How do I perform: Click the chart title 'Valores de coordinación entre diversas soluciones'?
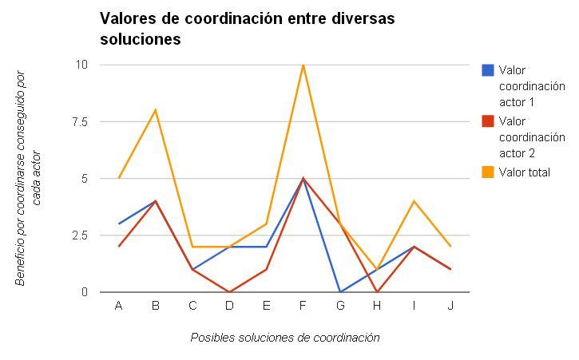tap(247, 28)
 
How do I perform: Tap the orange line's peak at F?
tap(303, 65)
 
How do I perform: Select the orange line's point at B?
tap(155, 110)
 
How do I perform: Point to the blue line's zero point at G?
tap(339, 292)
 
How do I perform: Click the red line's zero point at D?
tap(229, 292)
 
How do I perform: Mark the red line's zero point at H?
tap(376, 292)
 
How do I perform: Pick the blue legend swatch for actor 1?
tap(487, 70)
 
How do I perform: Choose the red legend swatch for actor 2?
tap(487, 121)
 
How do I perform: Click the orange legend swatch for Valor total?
tap(487, 172)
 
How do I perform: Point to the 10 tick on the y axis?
tap(81, 65)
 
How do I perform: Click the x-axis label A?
tap(118, 306)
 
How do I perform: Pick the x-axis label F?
tap(303, 306)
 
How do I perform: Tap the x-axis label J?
tap(450, 306)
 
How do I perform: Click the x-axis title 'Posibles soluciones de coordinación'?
tap(284, 338)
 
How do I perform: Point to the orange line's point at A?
tap(118, 178)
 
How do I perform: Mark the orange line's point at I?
tap(414, 201)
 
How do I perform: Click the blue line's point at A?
tap(118, 224)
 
